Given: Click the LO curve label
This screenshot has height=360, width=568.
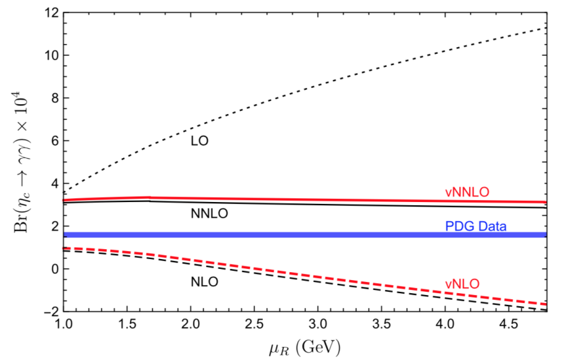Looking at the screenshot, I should (199, 141).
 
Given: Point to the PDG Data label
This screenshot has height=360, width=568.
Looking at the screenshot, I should (476, 226).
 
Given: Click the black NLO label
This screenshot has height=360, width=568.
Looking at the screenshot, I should (204, 282).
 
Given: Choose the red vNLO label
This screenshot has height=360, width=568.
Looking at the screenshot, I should (462, 284).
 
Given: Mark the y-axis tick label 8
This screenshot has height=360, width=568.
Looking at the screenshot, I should (53, 98).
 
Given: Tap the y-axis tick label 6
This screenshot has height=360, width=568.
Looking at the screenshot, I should (53, 141).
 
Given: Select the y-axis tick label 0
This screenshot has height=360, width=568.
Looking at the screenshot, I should (53, 269).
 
